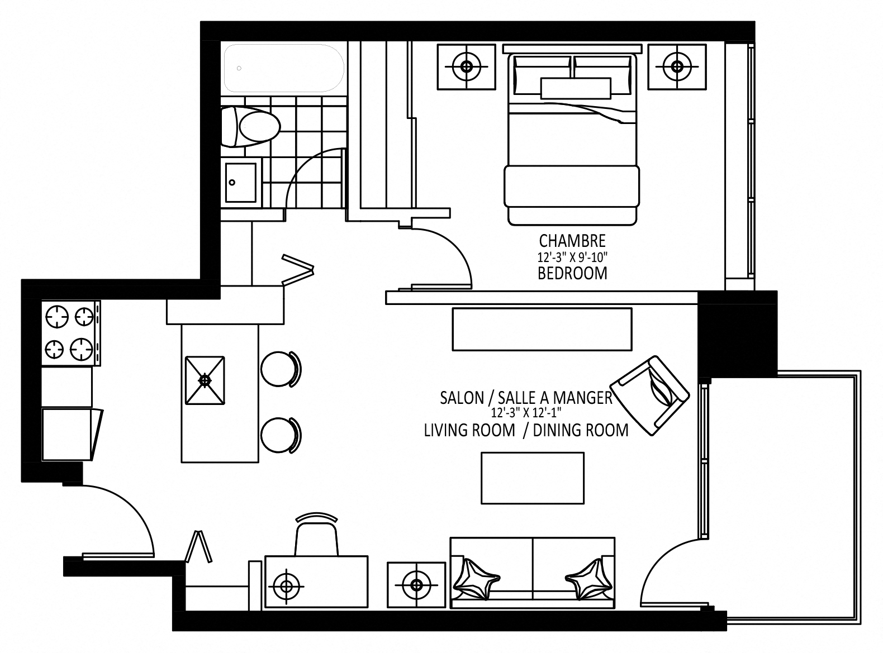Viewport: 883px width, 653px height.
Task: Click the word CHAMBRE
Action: tap(572, 241)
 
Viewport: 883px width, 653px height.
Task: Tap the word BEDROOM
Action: tap(572, 273)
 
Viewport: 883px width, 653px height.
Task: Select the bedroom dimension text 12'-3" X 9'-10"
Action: tap(572, 258)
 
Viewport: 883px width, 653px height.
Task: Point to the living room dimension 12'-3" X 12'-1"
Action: tap(525, 413)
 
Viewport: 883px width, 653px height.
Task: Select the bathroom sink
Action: tap(241, 182)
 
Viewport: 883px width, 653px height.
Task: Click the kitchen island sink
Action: tap(205, 380)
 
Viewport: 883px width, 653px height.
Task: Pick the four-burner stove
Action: tap(70, 333)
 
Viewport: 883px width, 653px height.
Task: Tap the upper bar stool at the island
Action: tap(280, 369)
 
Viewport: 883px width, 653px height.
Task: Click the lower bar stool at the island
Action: tap(280, 435)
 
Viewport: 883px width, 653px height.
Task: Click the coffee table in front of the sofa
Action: tap(533, 478)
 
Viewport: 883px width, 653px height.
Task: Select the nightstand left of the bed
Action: tap(466, 66)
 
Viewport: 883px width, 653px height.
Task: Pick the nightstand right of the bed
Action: tap(677, 66)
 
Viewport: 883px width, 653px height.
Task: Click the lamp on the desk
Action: tap(286, 586)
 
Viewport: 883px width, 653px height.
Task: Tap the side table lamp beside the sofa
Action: tap(415, 585)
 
